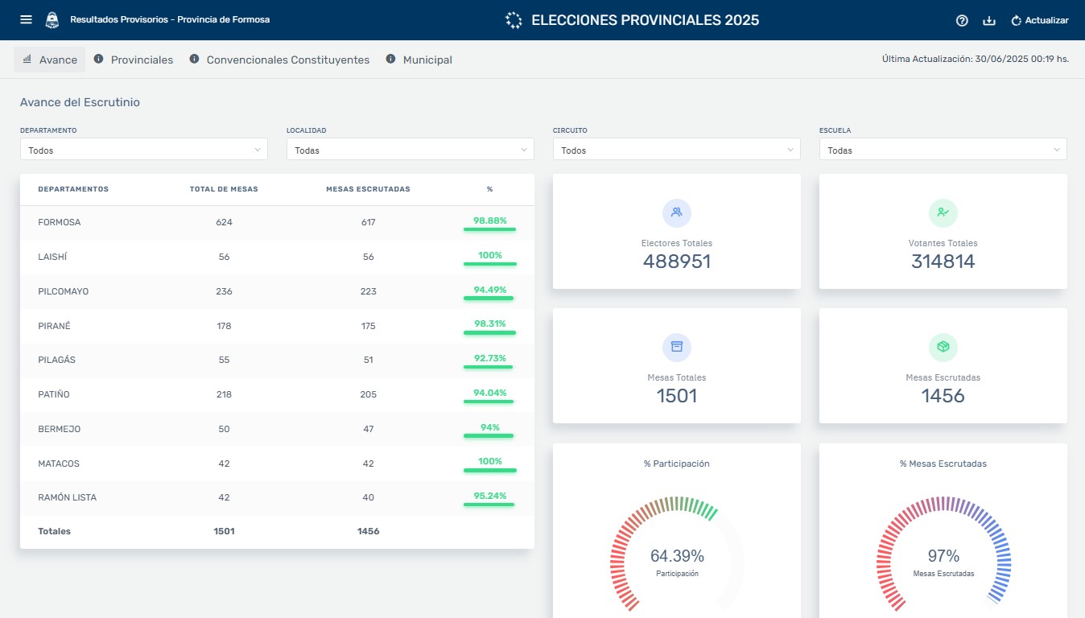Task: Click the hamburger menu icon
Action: point(26,19)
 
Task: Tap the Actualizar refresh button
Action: point(1039,20)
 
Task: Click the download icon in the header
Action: point(989,20)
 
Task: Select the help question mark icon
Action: point(962,20)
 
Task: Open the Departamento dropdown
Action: point(144,150)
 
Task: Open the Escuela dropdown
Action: point(943,150)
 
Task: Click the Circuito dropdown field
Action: point(676,150)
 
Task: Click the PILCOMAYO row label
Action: point(64,291)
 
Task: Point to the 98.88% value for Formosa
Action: point(489,220)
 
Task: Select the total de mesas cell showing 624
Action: point(224,222)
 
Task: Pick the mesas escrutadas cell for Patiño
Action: point(368,394)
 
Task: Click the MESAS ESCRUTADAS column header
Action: point(368,189)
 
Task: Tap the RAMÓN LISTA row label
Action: point(68,497)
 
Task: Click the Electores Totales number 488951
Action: point(677,262)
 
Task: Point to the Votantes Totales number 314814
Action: point(943,262)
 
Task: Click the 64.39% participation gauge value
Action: point(677,556)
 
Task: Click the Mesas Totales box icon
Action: point(677,348)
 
